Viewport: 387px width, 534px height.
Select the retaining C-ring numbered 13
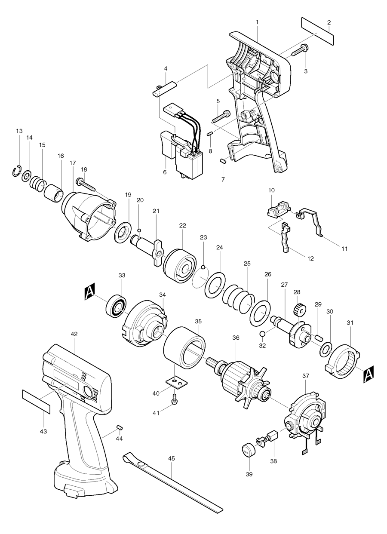pyautogui.click(x=16, y=171)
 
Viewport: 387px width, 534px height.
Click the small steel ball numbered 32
pyautogui.click(x=262, y=334)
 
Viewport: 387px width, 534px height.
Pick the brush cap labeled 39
pyautogui.click(x=246, y=451)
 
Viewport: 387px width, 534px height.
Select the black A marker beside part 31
pyautogui.click(x=369, y=374)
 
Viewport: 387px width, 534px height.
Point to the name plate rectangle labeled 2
pyautogui.click(x=317, y=31)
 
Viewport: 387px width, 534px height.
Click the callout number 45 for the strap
pyautogui.click(x=172, y=459)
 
